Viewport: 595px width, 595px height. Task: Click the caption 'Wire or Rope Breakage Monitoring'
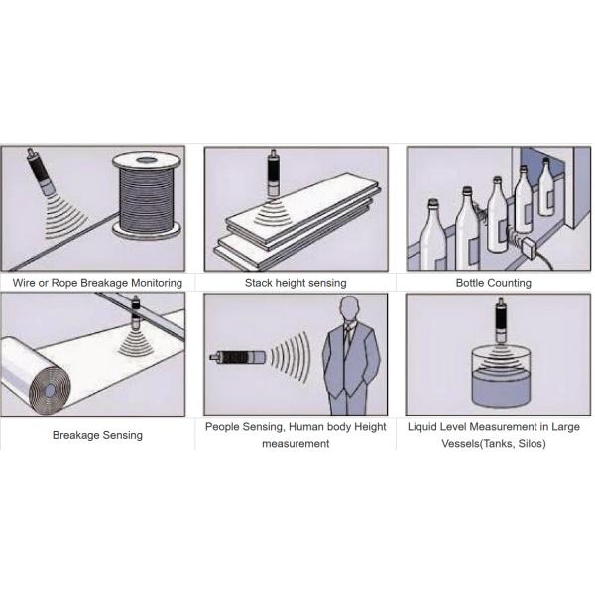(x=97, y=283)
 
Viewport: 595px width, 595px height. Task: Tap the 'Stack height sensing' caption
(x=296, y=283)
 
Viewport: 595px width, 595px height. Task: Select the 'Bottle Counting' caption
(x=493, y=283)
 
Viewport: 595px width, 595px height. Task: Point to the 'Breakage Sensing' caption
(x=97, y=434)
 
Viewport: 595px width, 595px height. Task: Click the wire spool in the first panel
(x=147, y=197)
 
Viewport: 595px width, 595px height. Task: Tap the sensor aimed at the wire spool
(x=41, y=172)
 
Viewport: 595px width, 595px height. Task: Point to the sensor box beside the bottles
(x=525, y=246)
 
